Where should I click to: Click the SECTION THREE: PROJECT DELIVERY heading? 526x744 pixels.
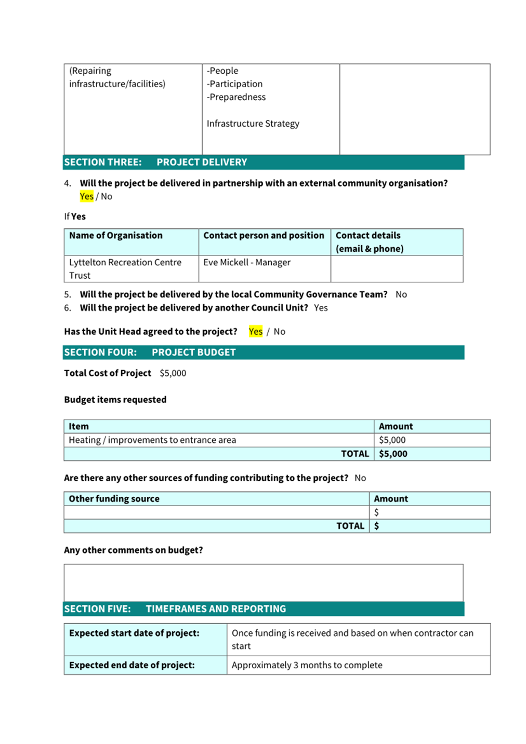point(155,163)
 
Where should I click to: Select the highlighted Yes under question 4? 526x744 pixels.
point(86,196)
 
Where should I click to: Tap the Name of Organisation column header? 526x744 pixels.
point(116,236)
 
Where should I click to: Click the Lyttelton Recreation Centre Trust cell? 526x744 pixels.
point(125,269)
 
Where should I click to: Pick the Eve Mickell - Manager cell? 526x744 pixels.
point(247,263)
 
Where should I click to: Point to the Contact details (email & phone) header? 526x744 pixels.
point(369,242)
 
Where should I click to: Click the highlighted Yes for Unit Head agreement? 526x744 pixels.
point(255,332)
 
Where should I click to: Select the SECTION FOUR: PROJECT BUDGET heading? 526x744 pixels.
point(150,353)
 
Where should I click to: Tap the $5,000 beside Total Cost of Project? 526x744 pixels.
point(173,373)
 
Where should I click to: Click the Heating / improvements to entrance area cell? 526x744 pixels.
point(152,440)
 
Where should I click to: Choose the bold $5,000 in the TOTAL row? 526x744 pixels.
point(393,454)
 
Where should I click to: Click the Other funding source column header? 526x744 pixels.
point(114,499)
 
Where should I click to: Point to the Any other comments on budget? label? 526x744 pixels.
point(134,550)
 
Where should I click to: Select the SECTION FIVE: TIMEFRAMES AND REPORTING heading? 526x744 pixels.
point(175,609)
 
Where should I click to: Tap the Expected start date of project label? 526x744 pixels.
point(134,633)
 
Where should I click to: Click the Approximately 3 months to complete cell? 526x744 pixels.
point(307,666)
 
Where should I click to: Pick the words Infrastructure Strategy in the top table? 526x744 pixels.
point(253,124)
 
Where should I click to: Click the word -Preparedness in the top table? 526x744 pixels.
point(236,97)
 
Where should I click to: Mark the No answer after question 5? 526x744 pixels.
point(401,294)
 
